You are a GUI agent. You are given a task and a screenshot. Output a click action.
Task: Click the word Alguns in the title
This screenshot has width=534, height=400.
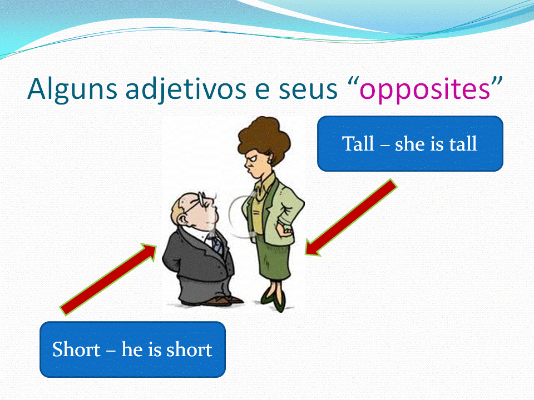pos(72,89)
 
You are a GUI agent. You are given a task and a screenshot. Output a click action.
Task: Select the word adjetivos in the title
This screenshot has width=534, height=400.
pos(186,89)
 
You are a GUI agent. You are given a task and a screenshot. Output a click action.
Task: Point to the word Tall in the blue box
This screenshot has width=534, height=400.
pos(358,143)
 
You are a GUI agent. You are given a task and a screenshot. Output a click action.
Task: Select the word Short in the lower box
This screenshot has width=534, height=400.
pos(76,349)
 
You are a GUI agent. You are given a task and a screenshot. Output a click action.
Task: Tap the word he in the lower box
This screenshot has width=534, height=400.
pos(132,349)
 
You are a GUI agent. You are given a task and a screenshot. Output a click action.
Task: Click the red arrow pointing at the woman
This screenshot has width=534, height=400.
pos(351,218)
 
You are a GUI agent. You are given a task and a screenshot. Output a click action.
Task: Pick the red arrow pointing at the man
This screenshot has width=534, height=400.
pos(108,279)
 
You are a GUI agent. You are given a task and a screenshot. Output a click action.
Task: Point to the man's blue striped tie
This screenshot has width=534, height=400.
pos(217,244)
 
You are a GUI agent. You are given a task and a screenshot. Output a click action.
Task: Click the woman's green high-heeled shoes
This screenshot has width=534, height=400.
pos(274,301)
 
